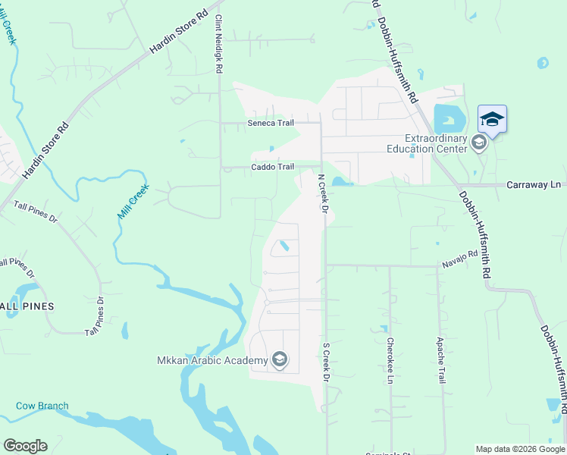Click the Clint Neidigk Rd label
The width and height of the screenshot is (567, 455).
tap(218, 44)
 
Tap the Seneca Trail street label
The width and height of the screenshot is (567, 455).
tap(270, 124)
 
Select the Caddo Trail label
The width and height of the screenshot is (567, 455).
tap(272, 167)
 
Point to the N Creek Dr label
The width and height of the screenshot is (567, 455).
tap(323, 193)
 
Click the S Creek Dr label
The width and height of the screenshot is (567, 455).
tap(327, 362)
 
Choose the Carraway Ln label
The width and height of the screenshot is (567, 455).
tap(534, 184)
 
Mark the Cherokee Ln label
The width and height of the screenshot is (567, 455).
tap(390, 360)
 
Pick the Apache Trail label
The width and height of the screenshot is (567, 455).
tap(440, 360)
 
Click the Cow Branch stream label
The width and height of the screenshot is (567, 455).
tap(42, 406)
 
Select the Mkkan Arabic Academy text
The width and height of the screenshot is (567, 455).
tap(212, 360)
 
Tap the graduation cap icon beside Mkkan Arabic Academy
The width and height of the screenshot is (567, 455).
tap(280, 359)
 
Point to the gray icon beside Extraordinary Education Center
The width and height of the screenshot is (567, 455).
tap(479, 142)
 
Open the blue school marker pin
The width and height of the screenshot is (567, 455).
tap(492, 120)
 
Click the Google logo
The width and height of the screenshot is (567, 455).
tap(25, 446)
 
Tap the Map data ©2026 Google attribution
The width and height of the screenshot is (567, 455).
tap(520, 449)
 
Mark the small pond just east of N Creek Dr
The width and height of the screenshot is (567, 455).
tap(337, 181)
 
